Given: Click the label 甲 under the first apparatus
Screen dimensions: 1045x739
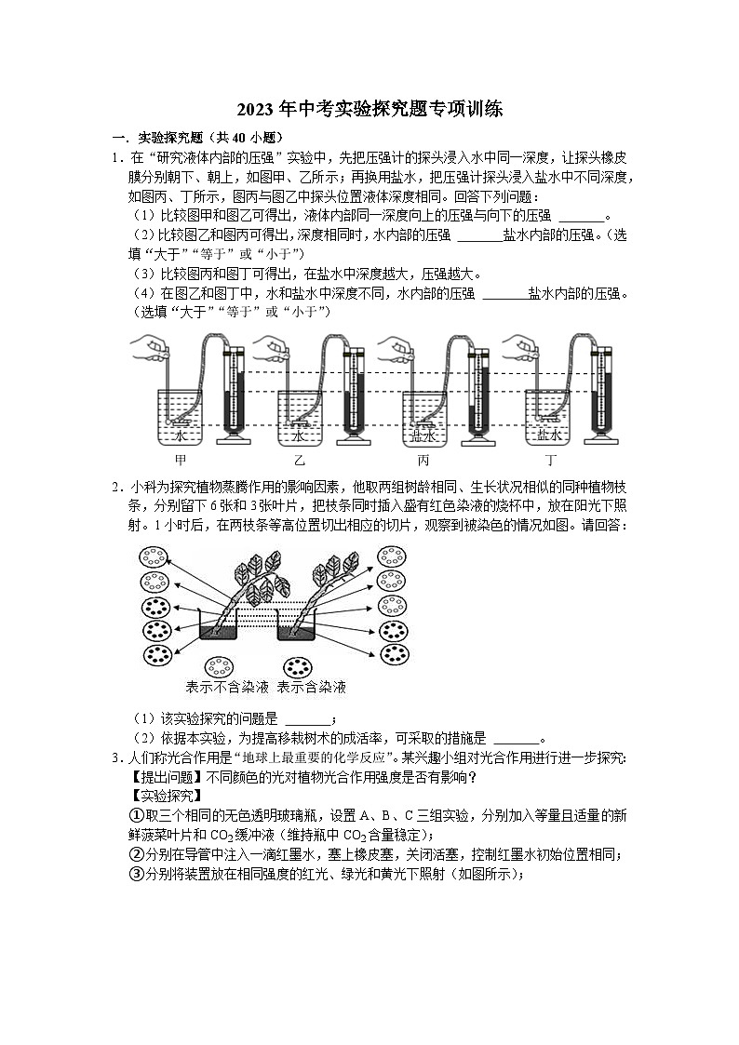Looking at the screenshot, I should pyautogui.click(x=181, y=460).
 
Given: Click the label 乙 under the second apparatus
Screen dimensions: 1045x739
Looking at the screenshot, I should pyautogui.click(x=300, y=460).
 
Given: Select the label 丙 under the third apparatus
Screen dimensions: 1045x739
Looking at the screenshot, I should pyautogui.click(x=423, y=460).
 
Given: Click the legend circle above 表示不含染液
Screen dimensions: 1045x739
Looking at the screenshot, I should pyautogui.click(x=220, y=667).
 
